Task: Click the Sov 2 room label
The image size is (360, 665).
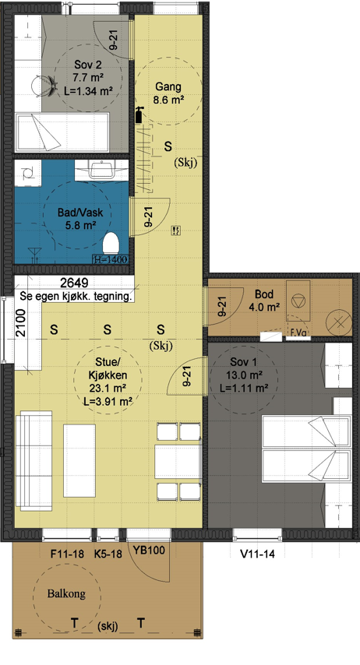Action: [89, 78]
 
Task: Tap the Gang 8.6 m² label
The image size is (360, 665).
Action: [168, 93]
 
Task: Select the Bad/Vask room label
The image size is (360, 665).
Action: [81, 218]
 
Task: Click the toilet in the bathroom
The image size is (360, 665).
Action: [111, 244]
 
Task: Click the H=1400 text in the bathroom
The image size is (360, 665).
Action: [110, 259]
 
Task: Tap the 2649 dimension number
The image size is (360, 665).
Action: [74, 283]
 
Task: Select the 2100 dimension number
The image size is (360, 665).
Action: [21, 323]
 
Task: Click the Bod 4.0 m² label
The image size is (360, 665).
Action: [264, 301]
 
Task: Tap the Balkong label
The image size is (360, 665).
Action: [66, 593]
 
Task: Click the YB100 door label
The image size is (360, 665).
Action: [149, 551]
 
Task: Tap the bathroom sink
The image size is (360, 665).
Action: [101, 170]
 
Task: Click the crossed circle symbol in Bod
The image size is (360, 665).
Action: [340, 322]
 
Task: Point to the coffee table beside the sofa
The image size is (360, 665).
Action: [79, 460]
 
